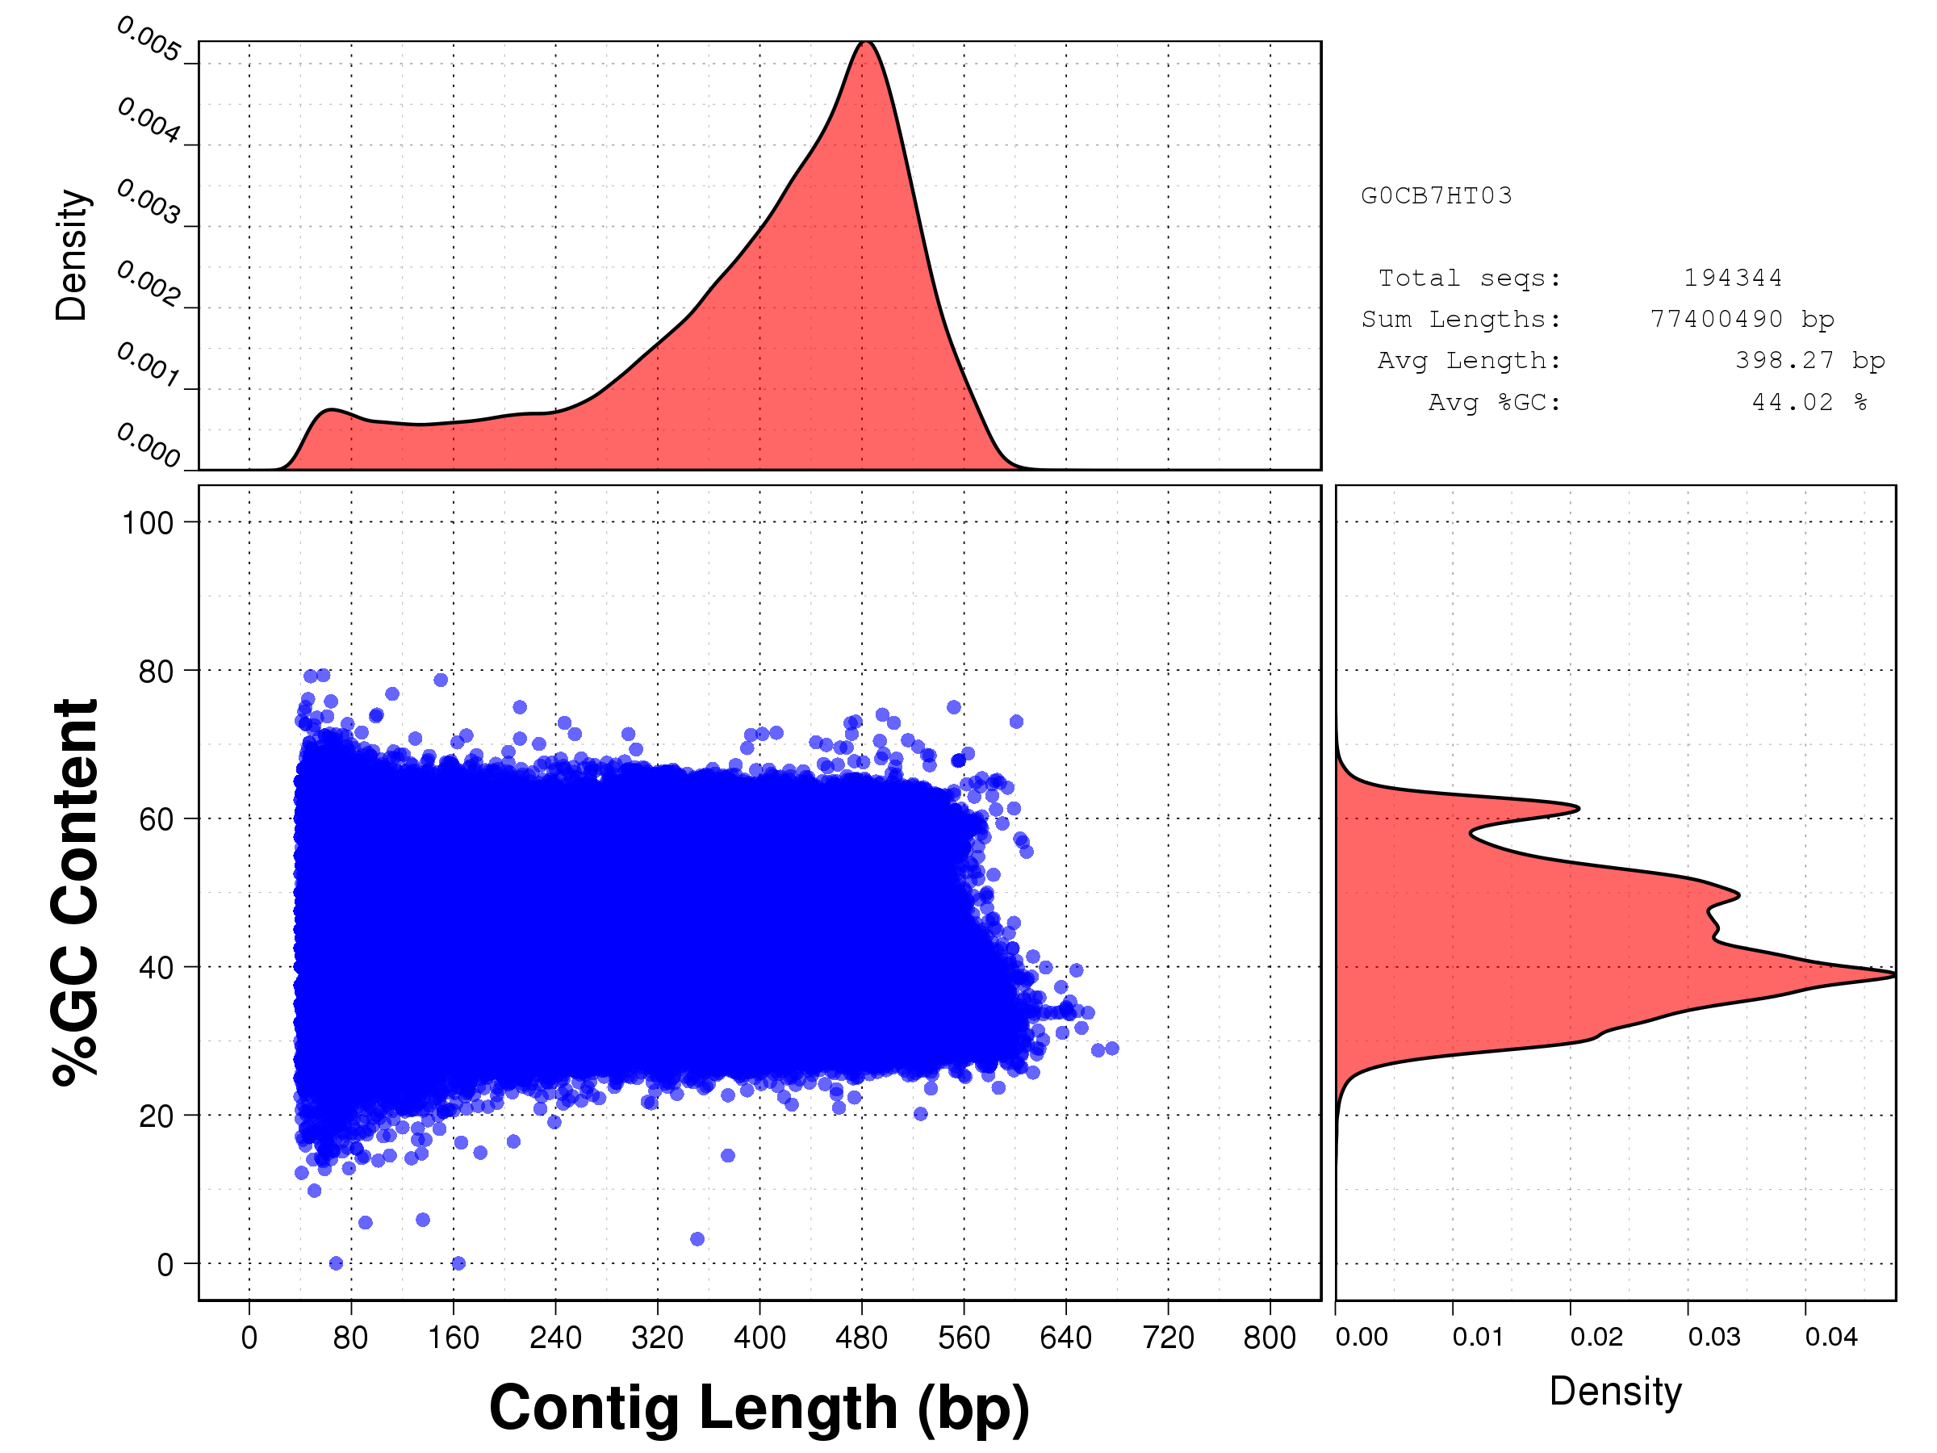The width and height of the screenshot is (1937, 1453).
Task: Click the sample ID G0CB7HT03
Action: (1436, 195)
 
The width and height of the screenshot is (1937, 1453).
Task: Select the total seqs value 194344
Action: (1732, 278)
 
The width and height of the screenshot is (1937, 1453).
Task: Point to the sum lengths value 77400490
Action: (1717, 319)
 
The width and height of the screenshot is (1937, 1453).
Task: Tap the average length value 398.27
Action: (1784, 360)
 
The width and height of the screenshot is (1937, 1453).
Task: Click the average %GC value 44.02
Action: (1792, 402)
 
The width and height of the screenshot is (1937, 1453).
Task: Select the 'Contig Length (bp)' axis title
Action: (759, 1409)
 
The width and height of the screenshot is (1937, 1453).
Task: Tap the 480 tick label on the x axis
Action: (862, 1338)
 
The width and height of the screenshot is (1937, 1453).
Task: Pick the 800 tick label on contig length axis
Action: (1270, 1338)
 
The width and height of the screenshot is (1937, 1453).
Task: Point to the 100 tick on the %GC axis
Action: (147, 523)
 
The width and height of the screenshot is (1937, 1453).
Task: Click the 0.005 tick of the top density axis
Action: (149, 40)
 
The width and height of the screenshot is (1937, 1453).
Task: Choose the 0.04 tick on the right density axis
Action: (1830, 1337)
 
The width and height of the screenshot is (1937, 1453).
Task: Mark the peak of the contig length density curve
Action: (865, 42)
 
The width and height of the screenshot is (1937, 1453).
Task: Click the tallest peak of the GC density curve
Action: (1893, 974)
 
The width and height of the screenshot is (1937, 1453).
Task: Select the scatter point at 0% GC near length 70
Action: (337, 1263)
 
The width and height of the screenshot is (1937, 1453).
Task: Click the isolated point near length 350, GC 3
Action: (697, 1238)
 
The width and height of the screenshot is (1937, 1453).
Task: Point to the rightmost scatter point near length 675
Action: (1112, 1049)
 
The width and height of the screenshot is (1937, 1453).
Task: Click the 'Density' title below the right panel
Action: (1616, 1392)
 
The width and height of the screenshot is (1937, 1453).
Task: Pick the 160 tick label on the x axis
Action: (454, 1338)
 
